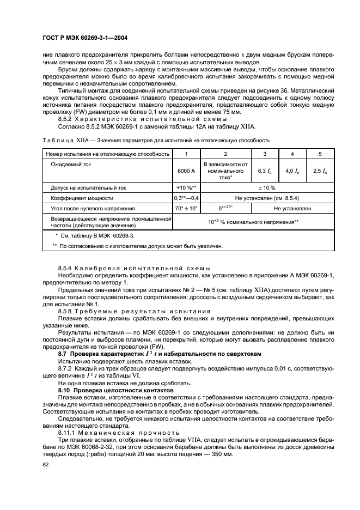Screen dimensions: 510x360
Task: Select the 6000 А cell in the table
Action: click(x=186, y=171)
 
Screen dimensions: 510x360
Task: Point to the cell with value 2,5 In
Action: click(x=320, y=171)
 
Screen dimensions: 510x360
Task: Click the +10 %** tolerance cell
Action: click(x=186, y=187)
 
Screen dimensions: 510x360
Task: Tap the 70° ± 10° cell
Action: click(x=186, y=208)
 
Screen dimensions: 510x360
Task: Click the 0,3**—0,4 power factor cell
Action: click(x=186, y=198)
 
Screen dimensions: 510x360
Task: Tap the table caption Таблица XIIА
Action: click(x=59, y=140)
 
